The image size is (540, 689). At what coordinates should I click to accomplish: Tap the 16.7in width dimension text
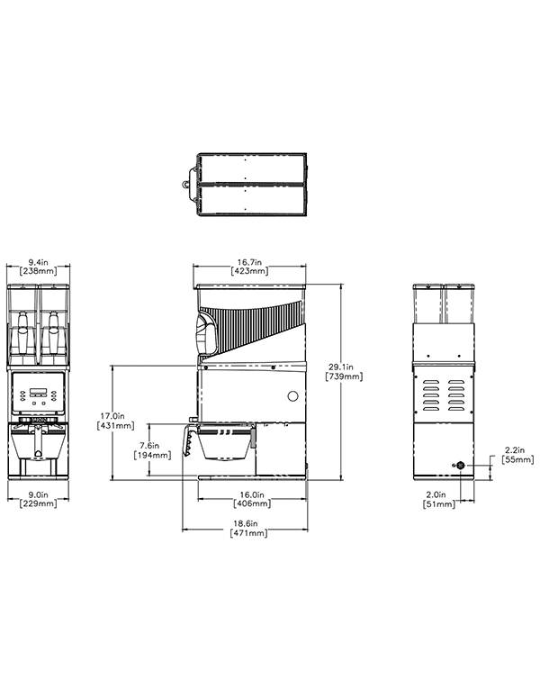click(249, 262)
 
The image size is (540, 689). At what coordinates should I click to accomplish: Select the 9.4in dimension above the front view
click(39, 262)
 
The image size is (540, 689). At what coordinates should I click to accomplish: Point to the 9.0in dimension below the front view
click(39, 494)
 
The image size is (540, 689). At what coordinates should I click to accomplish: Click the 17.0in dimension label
click(112, 415)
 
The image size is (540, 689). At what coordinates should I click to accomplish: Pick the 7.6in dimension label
click(149, 445)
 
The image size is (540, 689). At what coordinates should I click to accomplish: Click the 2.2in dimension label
click(515, 450)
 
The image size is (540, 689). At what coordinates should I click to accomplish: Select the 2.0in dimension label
click(436, 494)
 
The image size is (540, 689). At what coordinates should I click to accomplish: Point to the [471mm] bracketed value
click(248, 533)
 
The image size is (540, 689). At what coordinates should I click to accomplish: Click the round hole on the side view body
click(292, 396)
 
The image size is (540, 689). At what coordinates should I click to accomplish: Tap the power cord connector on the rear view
click(460, 466)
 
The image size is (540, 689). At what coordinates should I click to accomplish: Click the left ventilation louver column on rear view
click(431, 395)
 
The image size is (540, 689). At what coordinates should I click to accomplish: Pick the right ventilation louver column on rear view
click(456, 395)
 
